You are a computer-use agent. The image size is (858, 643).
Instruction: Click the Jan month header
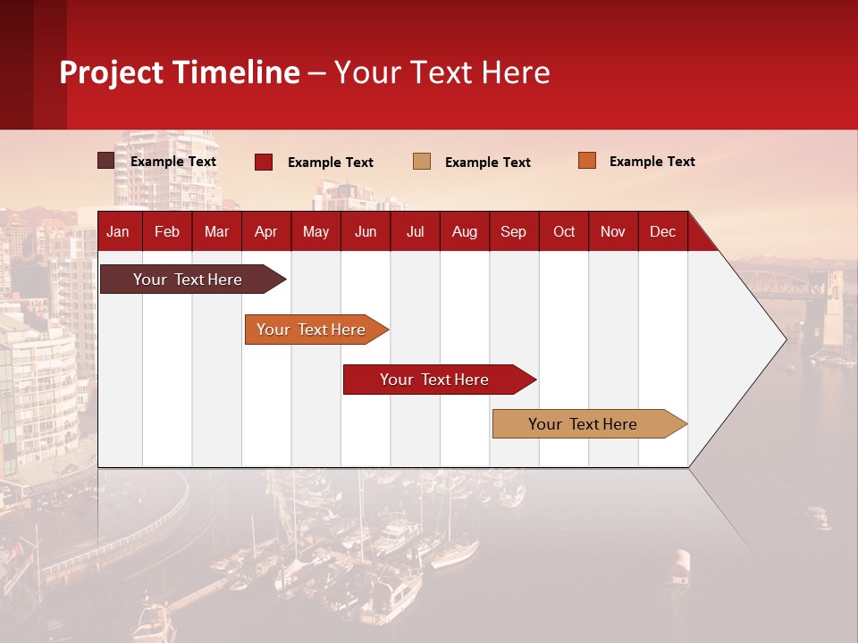click(118, 231)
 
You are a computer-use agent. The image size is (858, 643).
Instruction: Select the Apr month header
click(265, 231)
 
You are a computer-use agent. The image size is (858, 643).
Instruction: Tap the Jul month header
click(415, 231)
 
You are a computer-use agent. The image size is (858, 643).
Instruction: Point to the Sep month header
click(513, 231)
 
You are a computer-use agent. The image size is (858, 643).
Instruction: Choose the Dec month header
click(662, 231)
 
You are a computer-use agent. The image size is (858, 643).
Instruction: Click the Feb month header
click(167, 231)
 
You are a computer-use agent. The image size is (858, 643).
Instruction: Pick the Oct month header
click(564, 231)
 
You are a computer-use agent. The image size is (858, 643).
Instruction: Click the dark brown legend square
click(105, 161)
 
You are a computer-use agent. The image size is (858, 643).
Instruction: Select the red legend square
click(264, 162)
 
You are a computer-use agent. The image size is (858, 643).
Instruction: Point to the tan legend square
click(422, 162)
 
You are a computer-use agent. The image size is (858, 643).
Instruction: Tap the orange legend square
click(586, 161)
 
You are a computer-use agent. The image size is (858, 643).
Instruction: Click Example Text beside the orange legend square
click(652, 162)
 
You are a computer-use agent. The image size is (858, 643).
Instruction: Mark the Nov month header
click(613, 231)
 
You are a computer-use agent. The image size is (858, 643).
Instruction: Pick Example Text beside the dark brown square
click(173, 162)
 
